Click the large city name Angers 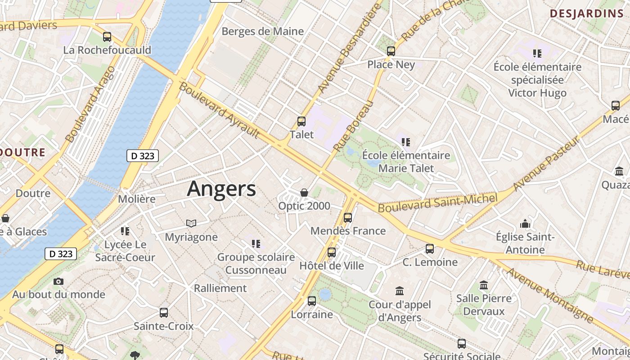[221, 189]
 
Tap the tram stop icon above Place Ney [391, 51]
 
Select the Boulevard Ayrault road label [219, 110]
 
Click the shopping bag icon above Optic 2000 [304, 193]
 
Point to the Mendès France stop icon [348, 218]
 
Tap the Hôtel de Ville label [332, 265]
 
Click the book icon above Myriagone [191, 223]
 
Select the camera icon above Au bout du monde [58, 282]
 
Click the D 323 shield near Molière [143, 156]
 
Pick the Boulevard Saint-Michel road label [437, 202]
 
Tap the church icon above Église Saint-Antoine [525, 224]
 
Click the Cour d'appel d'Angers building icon [400, 291]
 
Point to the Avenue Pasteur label [546, 164]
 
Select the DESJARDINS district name [586, 13]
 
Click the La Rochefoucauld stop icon [107, 37]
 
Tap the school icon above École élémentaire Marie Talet [406, 142]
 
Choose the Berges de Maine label [263, 31]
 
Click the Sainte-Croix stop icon [164, 313]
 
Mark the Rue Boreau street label [354, 126]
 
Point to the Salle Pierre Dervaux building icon [484, 285]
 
